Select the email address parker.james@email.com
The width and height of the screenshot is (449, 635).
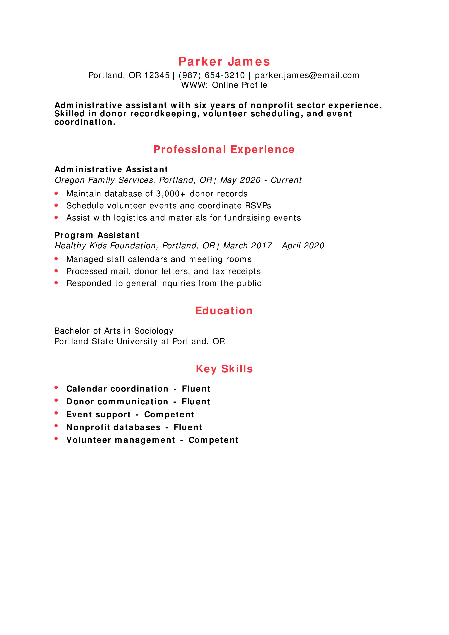pos(307,75)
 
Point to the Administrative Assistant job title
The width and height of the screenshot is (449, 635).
pos(111,169)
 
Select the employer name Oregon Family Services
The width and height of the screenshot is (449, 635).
pos(105,180)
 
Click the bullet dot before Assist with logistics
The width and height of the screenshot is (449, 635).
pos(56,217)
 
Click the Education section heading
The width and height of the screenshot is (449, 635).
pos(224,311)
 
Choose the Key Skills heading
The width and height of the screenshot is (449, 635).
pos(224,369)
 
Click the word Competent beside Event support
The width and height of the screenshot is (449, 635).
pos(169,414)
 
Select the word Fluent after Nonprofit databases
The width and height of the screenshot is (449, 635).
pos(188,427)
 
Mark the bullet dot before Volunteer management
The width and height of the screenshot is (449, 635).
pos(56,438)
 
